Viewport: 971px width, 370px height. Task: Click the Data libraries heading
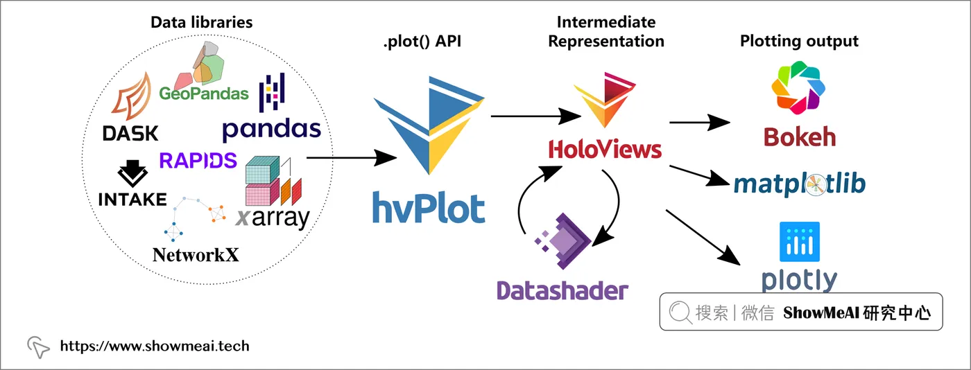(x=202, y=22)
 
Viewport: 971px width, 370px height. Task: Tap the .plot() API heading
(x=422, y=41)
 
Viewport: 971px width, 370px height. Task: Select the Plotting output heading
(x=799, y=41)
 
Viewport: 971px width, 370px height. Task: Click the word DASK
(x=130, y=134)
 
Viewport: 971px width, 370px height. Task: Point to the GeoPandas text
(x=204, y=93)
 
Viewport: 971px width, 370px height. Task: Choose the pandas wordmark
(x=272, y=129)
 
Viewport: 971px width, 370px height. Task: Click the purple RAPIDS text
(x=198, y=160)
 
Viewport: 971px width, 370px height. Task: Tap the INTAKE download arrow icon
(x=132, y=173)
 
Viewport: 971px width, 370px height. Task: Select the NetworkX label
(x=196, y=255)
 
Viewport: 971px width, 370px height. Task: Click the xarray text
(x=273, y=218)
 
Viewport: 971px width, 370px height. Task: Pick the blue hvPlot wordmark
(x=429, y=208)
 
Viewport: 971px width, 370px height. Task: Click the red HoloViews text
(x=605, y=150)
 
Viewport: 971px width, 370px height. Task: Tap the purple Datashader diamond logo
(x=562, y=241)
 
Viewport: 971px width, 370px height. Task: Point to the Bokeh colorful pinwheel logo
(x=798, y=87)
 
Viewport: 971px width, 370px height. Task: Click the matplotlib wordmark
(x=799, y=184)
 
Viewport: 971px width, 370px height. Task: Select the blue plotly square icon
(x=799, y=242)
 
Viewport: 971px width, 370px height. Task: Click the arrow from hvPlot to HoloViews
(x=535, y=116)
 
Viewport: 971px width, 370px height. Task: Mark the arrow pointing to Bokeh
(x=700, y=122)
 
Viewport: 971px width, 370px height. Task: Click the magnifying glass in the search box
(x=680, y=312)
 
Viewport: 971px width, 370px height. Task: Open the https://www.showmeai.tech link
(x=155, y=346)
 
